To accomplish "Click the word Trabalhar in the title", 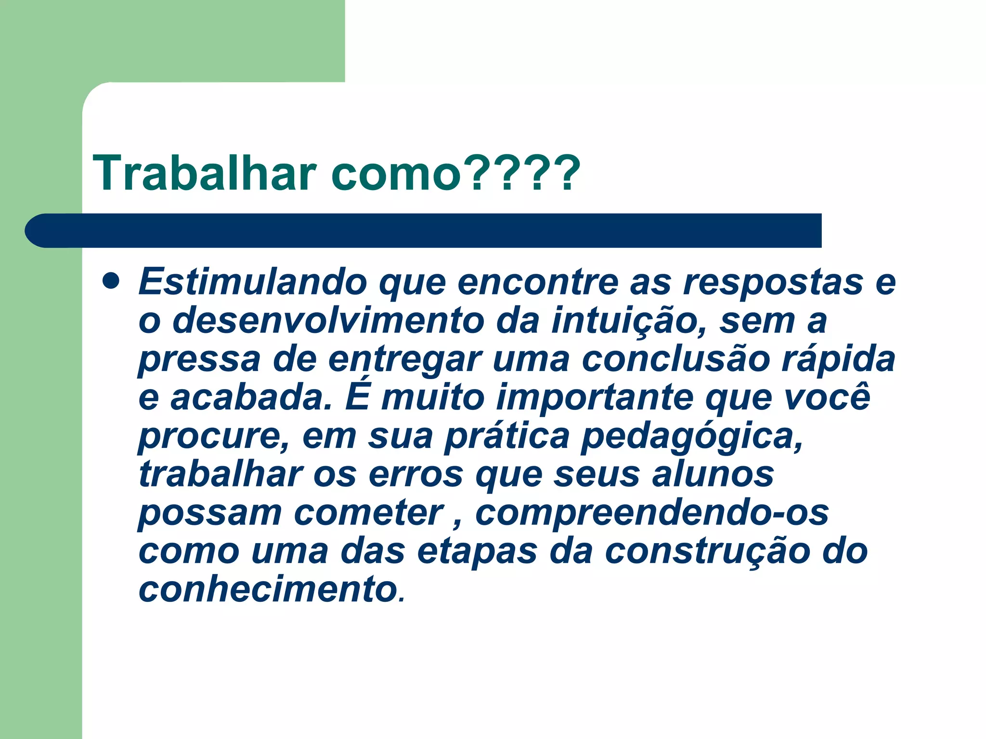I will point(205,173).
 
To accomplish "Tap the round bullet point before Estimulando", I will point(111,281).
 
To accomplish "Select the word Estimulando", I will point(253,282).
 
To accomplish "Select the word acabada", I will point(251,398).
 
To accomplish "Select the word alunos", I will point(713,475).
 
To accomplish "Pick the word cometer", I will point(369,513).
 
